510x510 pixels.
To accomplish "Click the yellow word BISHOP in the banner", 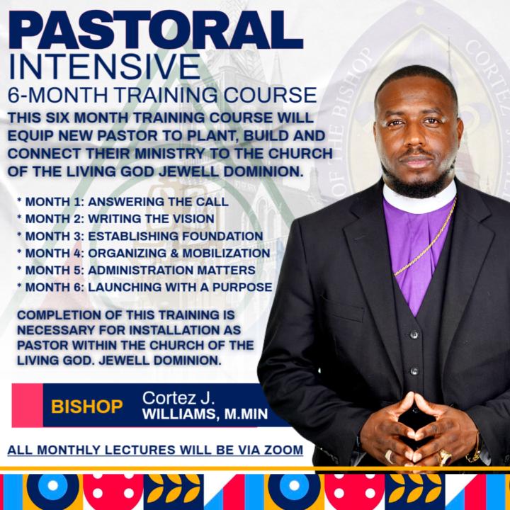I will coord(87,407).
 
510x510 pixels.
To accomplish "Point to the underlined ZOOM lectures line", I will coord(155,450).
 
